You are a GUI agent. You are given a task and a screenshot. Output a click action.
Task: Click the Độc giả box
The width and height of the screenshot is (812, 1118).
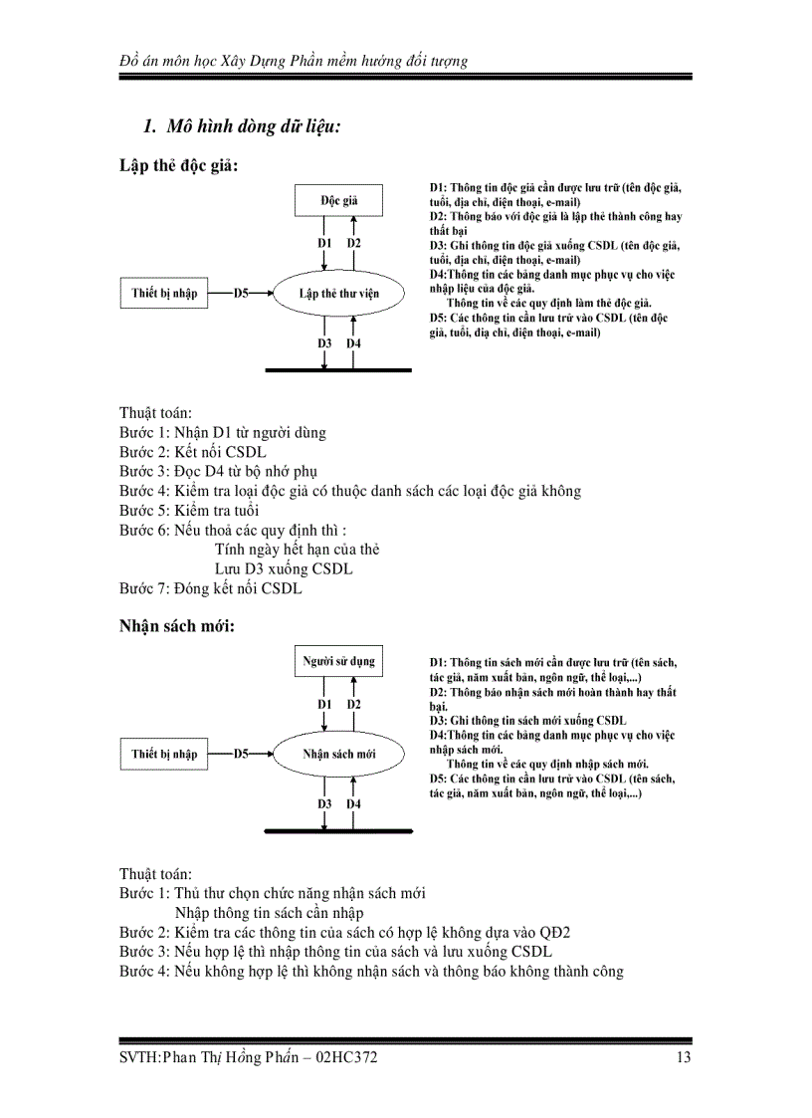[x=338, y=200]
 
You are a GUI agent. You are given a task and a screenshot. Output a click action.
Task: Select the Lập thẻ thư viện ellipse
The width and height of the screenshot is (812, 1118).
[x=338, y=294]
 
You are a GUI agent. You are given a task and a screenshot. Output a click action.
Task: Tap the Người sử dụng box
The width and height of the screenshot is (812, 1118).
[x=338, y=660]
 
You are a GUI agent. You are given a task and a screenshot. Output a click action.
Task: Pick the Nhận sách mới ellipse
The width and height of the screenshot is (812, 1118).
[x=338, y=754]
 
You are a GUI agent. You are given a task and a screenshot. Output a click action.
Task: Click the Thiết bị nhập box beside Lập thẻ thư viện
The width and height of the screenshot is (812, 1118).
[x=164, y=294]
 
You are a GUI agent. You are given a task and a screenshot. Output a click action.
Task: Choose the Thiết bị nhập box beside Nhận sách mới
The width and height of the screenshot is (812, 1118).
[x=164, y=754]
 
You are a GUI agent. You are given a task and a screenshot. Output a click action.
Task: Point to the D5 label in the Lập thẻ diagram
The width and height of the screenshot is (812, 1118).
[x=242, y=294]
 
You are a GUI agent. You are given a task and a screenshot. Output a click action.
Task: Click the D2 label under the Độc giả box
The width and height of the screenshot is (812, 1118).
[x=354, y=243]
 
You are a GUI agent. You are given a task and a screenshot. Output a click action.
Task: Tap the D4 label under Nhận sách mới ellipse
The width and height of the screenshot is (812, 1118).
[x=354, y=803]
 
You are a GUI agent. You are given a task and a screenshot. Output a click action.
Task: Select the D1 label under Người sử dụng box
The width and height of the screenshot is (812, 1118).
[x=324, y=704]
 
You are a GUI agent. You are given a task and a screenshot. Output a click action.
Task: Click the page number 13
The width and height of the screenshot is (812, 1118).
[x=683, y=1057]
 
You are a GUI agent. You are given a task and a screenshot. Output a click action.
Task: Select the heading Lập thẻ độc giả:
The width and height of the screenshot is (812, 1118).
[x=178, y=165]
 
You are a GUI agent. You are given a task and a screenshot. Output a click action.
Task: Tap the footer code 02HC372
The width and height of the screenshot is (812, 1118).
[x=345, y=1057]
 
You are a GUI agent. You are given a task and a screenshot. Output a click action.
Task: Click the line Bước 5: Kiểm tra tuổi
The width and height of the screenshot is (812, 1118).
[x=189, y=511]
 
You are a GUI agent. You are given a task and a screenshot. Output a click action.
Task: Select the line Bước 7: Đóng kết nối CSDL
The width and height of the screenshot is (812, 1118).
[x=211, y=588]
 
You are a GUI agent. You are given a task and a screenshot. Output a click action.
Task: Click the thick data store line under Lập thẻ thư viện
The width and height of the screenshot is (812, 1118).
[x=338, y=370]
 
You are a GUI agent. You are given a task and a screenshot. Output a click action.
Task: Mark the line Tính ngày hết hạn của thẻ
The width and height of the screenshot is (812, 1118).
[x=297, y=550]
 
